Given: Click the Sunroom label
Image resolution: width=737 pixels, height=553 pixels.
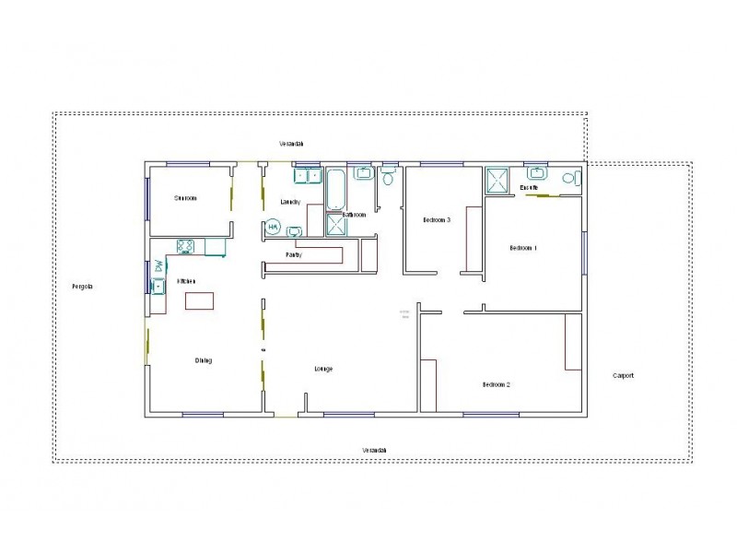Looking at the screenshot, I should (185, 198).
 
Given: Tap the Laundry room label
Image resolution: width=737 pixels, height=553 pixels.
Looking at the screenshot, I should (290, 202).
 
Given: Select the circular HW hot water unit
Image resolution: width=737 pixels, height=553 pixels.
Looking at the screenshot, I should (274, 227).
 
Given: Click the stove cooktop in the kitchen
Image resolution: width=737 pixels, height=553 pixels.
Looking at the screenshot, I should (185, 246).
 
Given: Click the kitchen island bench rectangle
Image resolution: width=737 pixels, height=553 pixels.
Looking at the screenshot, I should (199, 300).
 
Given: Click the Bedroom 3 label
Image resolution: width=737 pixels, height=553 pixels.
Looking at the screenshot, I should (437, 220).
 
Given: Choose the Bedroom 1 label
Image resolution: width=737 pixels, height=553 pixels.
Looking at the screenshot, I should (523, 248).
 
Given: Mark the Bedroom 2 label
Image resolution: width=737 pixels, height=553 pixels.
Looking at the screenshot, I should (496, 384).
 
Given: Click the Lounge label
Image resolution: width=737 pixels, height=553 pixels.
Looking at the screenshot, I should (323, 369).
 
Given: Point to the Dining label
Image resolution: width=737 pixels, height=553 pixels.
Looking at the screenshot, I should (204, 360).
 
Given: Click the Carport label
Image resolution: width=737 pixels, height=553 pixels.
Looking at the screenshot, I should (623, 376).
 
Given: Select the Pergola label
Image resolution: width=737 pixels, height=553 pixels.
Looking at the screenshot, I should (83, 287).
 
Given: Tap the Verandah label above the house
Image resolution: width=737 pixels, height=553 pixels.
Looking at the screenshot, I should (292, 144).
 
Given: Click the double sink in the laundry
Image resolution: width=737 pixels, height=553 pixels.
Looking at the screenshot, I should (307, 174).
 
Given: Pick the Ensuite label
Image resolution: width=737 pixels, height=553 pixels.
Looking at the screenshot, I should (529, 188).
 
